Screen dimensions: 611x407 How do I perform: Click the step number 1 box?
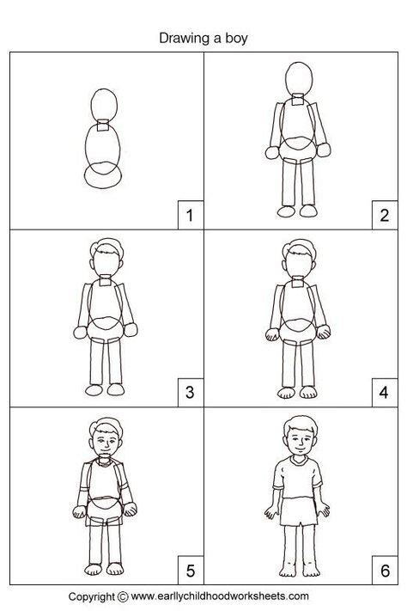(189, 215)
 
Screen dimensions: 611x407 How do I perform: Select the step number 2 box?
(385, 215)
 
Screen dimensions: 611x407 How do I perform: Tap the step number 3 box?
(189, 394)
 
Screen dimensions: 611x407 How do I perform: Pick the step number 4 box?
(385, 394)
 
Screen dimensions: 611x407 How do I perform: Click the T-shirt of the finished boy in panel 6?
(297, 477)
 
